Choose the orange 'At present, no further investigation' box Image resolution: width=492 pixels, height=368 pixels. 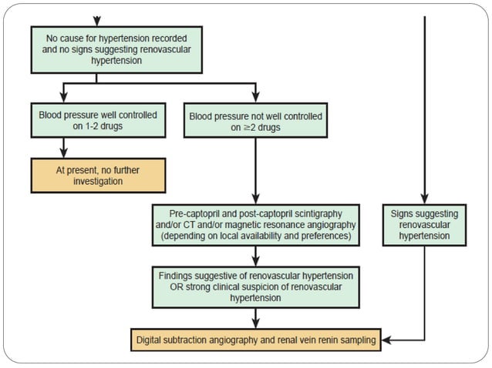pyautogui.click(x=97, y=175)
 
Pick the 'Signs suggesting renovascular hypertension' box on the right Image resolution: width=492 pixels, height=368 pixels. pyautogui.click(x=425, y=224)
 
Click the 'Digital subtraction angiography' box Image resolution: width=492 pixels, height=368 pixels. pyautogui.click(x=254, y=338)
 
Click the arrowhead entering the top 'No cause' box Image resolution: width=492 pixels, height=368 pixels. pyautogui.click(x=96, y=22)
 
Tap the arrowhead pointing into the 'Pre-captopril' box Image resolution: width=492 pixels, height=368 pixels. pyautogui.click(x=254, y=198)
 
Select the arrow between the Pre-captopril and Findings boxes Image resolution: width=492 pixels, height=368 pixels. pyautogui.click(x=254, y=256)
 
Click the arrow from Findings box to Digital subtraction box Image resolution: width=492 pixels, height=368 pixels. pyautogui.click(x=254, y=318)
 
